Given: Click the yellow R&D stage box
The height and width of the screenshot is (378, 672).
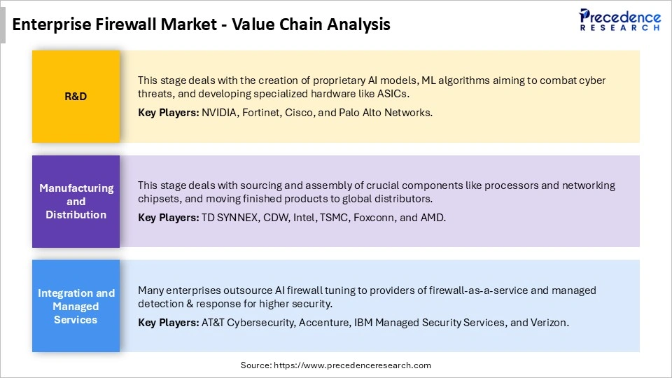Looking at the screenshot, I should [76, 97].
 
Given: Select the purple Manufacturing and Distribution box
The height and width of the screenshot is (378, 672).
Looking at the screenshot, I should [76, 202].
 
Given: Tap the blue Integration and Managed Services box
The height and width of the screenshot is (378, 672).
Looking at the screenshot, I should [76, 306].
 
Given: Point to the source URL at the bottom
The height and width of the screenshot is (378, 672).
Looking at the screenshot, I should [336, 365].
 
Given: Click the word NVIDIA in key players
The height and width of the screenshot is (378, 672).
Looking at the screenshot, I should [218, 112].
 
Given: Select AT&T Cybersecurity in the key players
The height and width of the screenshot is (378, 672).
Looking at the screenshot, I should [249, 322].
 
